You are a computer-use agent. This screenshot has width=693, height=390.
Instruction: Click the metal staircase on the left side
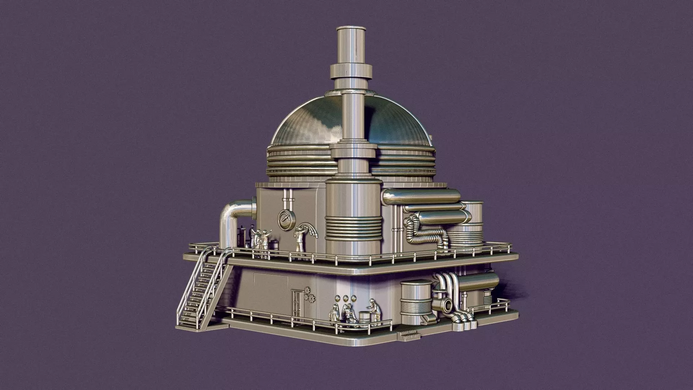(202, 289)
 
